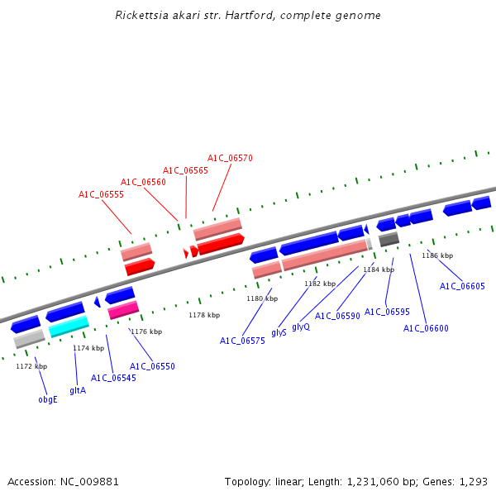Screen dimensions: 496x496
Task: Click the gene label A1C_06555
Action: (x=101, y=195)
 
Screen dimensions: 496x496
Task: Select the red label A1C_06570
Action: (x=230, y=158)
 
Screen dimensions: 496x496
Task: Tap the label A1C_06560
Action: (x=143, y=183)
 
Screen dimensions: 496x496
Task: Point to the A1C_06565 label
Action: (x=185, y=170)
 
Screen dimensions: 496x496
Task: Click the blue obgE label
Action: (x=48, y=399)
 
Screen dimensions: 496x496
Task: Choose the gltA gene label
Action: (x=78, y=390)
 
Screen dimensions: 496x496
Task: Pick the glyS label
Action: (x=279, y=332)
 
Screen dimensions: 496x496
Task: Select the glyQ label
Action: (x=301, y=327)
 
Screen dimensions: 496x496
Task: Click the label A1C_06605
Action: (x=462, y=287)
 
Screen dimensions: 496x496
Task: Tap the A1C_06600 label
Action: (x=426, y=329)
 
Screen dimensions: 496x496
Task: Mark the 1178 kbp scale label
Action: (x=204, y=315)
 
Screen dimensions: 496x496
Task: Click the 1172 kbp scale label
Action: (x=31, y=366)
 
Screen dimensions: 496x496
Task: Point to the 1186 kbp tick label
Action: (x=437, y=255)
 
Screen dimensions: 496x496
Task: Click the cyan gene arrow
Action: (x=69, y=327)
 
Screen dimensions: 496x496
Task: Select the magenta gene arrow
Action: (x=123, y=309)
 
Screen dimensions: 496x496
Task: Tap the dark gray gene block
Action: (x=389, y=240)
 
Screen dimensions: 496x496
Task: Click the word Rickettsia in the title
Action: (x=141, y=16)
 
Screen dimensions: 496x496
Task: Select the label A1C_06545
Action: (x=112, y=379)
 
